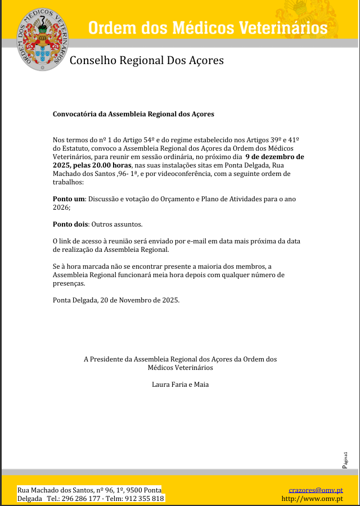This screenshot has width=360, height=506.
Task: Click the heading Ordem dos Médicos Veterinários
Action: [x=208, y=27]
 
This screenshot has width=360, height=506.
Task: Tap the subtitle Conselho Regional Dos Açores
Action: [x=146, y=60]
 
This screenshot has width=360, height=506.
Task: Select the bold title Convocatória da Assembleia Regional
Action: [x=133, y=114]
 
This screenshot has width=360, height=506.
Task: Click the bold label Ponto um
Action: [x=69, y=199]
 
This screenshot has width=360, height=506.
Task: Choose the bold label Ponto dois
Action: [x=70, y=224]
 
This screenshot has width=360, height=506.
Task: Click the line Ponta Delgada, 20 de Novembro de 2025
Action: [x=116, y=300]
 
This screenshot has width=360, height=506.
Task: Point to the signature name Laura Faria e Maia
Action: [x=180, y=385]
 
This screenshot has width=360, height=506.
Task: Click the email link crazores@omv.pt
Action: [x=316, y=490]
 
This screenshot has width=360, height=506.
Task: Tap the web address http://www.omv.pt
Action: [x=312, y=498]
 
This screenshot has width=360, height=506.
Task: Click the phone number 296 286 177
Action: [x=81, y=499]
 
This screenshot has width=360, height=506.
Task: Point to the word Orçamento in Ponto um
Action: [x=184, y=199]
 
